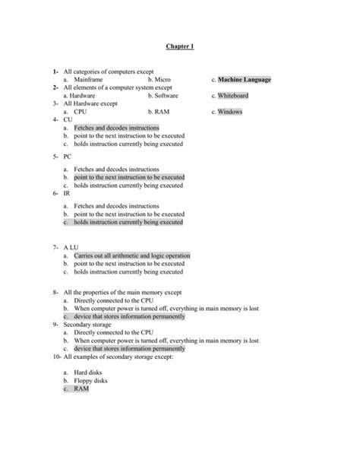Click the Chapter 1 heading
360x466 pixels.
179,46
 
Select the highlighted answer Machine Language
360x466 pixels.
244,80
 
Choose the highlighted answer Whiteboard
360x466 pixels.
232,96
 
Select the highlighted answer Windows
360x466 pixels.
230,112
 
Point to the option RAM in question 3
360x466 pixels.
163,112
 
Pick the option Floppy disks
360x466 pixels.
91,380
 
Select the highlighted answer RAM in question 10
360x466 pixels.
81,388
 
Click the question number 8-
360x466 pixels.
55,292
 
